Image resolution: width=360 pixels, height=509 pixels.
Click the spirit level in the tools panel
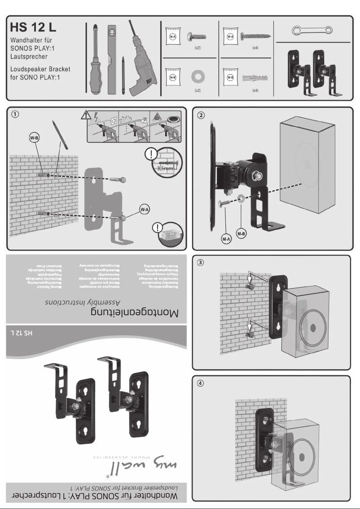point(112,58)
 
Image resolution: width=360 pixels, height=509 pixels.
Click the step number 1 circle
point(16,114)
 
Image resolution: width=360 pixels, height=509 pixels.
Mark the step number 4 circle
point(201,383)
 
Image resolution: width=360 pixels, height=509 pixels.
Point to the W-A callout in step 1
point(145,209)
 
